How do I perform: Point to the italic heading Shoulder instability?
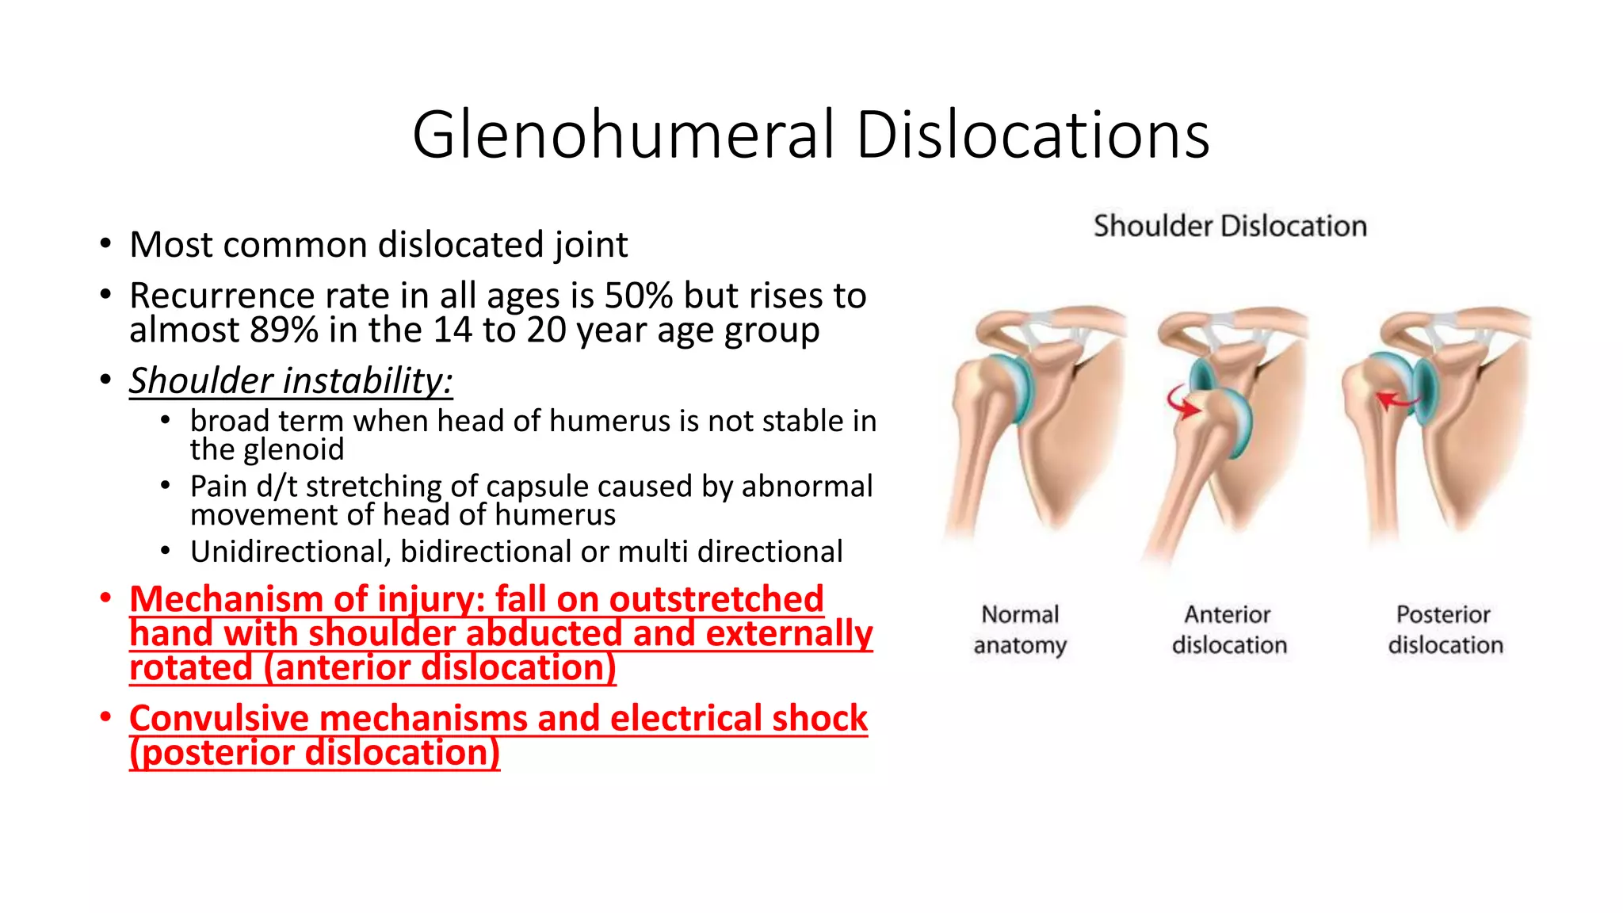pos(291,380)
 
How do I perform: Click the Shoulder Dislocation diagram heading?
pos(1230,227)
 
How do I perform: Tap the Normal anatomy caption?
pos(1020,629)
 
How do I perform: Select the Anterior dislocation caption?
pos(1229,629)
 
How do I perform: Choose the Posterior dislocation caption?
pos(1445,629)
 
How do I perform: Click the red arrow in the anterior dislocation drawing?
pos(1182,403)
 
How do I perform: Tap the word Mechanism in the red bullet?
pos(227,599)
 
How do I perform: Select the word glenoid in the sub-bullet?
pos(294,450)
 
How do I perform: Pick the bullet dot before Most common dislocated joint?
pos(105,243)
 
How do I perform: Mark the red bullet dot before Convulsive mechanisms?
pos(105,716)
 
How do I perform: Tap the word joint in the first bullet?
pos(591,245)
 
